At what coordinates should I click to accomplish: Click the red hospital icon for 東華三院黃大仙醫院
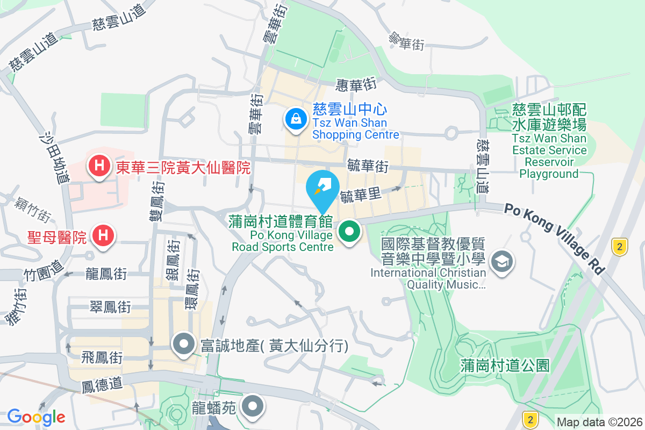point(99,164)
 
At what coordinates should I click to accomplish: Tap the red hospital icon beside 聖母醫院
point(102,235)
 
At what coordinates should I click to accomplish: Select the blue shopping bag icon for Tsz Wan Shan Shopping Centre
point(296,118)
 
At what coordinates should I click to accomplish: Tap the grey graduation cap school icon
point(502,262)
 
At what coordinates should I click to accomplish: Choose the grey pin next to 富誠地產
point(184,343)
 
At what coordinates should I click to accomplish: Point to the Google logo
point(36,417)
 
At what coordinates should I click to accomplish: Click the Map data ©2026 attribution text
point(599,422)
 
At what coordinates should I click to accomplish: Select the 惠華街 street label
point(355,84)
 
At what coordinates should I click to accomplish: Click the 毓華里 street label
point(360,196)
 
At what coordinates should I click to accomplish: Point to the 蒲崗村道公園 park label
point(505,366)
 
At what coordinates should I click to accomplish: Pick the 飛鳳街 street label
point(102,357)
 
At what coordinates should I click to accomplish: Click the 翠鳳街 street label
point(110,307)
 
